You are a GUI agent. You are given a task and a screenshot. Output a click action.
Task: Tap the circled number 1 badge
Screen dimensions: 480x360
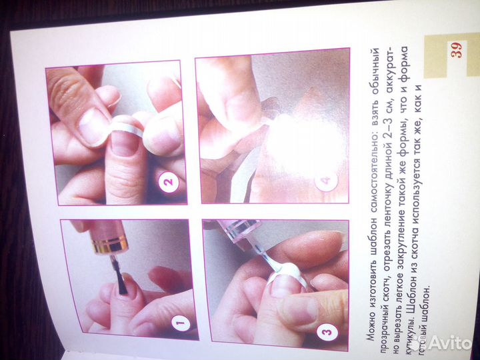(x=181, y=322)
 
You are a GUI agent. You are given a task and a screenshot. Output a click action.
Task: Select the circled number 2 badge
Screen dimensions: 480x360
(x=168, y=182)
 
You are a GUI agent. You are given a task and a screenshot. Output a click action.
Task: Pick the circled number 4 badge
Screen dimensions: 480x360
(x=326, y=180)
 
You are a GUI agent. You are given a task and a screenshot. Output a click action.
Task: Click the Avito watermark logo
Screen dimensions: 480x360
(x=443, y=343)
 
